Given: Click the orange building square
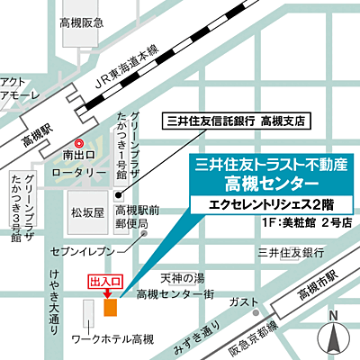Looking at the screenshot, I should click(x=110, y=309).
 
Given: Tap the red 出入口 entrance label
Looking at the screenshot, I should click(x=103, y=283).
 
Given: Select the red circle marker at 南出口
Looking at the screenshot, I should click(x=79, y=143).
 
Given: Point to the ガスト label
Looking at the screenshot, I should click(x=241, y=301).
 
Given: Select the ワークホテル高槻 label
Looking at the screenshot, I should click(x=112, y=339).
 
